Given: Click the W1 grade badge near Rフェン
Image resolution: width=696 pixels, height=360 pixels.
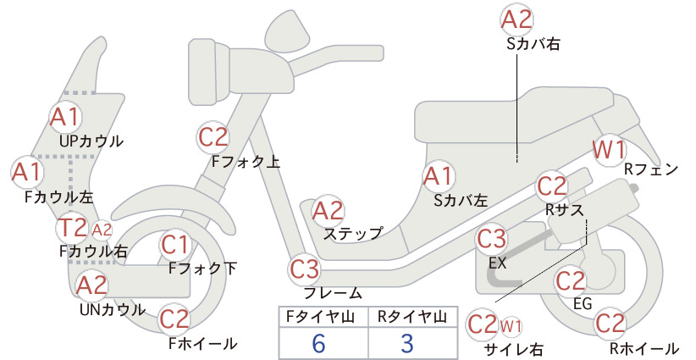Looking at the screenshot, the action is click(610, 150).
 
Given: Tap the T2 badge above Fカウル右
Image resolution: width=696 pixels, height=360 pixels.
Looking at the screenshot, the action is click(73, 227).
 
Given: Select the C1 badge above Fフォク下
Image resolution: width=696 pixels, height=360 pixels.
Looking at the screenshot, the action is click(175, 245).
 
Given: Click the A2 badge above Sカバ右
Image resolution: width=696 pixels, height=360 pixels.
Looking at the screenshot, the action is click(516, 19).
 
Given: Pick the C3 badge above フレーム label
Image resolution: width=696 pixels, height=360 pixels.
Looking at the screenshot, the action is click(305, 269).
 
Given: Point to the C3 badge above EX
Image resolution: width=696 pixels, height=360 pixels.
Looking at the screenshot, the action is click(492, 239).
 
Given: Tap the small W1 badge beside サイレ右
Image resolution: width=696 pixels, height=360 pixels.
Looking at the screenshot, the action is click(511, 326).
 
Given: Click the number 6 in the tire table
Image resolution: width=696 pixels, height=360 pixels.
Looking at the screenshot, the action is click(318, 344).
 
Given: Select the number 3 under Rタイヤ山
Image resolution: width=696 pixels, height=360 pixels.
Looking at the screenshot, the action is click(407, 344).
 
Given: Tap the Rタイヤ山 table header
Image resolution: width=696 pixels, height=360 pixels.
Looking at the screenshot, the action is click(412, 317).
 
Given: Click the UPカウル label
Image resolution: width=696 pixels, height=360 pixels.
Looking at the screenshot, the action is click(91, 141).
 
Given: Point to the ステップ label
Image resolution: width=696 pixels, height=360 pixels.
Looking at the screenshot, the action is click(353, 234).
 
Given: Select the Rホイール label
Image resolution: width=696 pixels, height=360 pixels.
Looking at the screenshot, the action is click(644, 349).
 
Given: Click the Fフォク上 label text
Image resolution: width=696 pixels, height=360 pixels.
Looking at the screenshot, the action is click(246, 161).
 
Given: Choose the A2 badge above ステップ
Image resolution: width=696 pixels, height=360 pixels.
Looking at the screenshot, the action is click(328, 210).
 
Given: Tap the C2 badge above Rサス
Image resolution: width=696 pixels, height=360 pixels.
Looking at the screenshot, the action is click(552, 187).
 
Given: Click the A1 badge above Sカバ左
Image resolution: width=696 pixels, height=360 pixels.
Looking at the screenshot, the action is click(438, 176).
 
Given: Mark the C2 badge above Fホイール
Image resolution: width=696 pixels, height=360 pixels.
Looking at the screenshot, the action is click(175, 319).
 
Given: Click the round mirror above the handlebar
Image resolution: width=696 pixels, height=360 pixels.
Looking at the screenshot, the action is click(288, 27).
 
